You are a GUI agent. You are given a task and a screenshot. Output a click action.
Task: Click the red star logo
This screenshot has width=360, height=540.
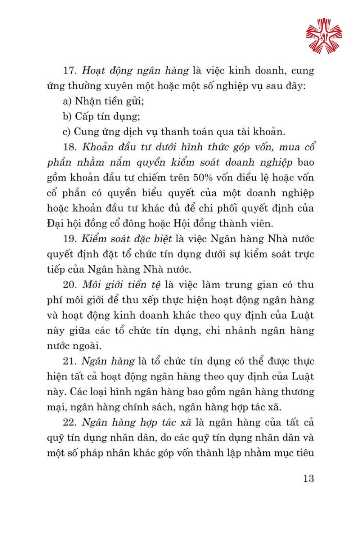pyautogui.click(x=324, y=36)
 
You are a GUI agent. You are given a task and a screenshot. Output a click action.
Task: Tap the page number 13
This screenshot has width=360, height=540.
pyautogui.click(x=309, y=478)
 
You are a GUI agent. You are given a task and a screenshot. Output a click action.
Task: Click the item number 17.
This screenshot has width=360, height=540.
pyautogui.click(x=69, y=71)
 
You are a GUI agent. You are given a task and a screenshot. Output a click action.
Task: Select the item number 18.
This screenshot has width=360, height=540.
pyautogui.click(x=69, y=147)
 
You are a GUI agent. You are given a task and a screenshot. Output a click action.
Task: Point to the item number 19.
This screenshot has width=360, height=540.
pyautogui.click(x=69, y=239)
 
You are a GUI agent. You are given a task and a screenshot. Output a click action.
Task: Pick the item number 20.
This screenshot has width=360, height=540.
pyautogui.click(x=69, y=285)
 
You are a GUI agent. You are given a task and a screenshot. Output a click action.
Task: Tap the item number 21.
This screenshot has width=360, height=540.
pyautogui.click(x=69, y=361)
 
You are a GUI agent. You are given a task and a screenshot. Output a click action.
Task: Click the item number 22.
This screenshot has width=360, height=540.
pyautogui.click(x=69, y=422)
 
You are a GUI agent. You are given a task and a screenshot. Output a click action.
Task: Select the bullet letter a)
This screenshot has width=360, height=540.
pyautogui.click(x=67, y=102)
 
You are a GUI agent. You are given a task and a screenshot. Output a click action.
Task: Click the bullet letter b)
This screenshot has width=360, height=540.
pyautogui.click(x=67, y=117)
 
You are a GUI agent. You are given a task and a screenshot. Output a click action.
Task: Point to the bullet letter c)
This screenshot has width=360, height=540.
pyautogui.click(x=67, y=132)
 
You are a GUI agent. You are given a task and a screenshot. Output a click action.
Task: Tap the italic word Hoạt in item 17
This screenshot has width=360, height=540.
pyautogui.click(x=93, y=71)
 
